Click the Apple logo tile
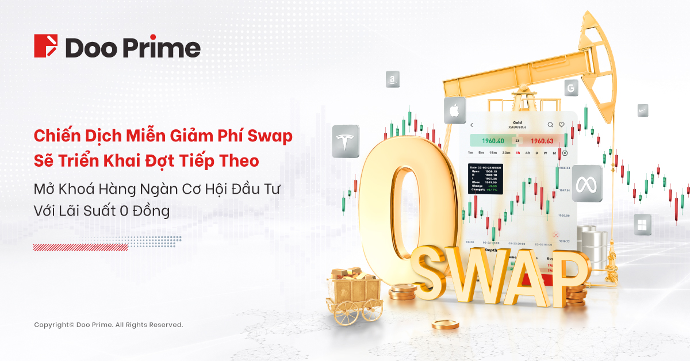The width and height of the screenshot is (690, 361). pyautogui.click(x=454, y=110)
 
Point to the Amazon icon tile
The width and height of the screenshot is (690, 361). pyautogui.click(x=393, y=79)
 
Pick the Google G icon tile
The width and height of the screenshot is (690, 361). pyautogui.click(x=571, y=87)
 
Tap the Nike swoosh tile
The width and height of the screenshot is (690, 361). pyautogui.click(x=643, y=110)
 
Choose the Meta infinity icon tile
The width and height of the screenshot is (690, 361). pyautogui.click(x=586, y=183)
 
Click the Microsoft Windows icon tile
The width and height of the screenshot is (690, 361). pyautogui.click(x=642, y=224)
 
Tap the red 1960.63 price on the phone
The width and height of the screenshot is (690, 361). pyautogui.click(x=541, y=140)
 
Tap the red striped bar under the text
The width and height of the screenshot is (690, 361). pyautogui.click(x=80, y=247)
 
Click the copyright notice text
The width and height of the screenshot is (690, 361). pyautogui.click(x=108, y=325)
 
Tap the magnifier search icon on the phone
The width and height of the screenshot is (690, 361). pyautogui.click(x=550, y=124)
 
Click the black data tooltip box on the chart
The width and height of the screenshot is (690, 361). pyautogui.click(x=485, y=178)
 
